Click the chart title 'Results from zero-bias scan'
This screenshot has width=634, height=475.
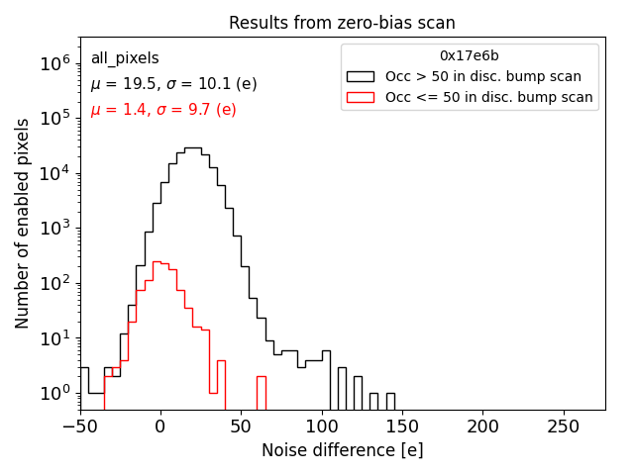pos(342,23)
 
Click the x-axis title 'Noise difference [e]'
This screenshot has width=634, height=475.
pos(342,450)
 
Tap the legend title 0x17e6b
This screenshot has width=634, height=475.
pos(470,55)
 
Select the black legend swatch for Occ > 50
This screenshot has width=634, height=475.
pos(362,76)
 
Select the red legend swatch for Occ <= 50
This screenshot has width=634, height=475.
pos(362,97)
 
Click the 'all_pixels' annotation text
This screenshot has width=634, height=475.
pos(125,59)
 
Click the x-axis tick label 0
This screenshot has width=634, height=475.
pos(159,427)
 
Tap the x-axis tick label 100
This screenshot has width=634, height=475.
pos(322,427)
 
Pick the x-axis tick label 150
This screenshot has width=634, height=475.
pos(402,427)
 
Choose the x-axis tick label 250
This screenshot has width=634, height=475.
pos(565,427)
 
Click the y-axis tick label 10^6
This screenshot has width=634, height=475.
pos(55,63)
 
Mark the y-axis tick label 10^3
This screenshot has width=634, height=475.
pos(55,228)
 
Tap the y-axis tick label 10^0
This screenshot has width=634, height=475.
pos(55,393)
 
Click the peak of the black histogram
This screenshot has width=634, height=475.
pos(192,148)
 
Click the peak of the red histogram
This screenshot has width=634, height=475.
pos(156,262)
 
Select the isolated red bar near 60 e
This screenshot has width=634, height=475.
pos(261,378)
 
